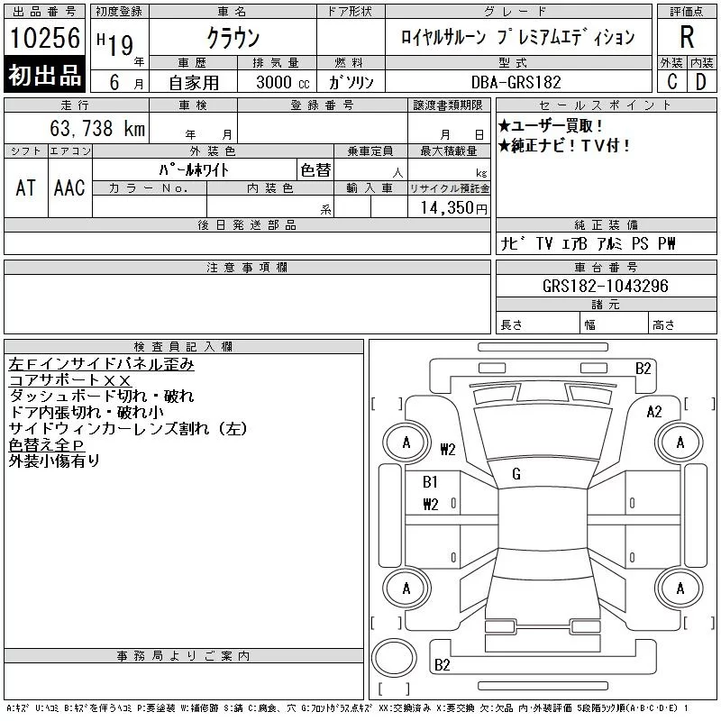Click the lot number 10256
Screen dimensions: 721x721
44,38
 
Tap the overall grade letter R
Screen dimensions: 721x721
687,37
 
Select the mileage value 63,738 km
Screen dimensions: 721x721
97,128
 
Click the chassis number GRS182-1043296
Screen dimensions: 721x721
605,286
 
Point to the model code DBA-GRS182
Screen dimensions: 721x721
516,82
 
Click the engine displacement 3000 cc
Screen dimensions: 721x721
282,82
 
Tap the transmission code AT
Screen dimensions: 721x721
25,187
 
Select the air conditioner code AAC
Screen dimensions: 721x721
69,187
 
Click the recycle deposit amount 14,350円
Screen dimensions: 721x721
453,207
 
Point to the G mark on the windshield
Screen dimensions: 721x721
516,474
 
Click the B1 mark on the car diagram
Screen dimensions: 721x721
430,481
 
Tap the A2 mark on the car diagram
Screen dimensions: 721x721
654,411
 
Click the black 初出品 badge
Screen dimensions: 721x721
44,74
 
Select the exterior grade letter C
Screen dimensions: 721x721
671,82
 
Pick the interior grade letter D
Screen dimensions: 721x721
701,82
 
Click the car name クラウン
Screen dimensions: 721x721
233,38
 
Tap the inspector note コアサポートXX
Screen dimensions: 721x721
70,380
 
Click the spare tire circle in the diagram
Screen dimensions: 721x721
394,658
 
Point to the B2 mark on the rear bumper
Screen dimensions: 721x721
442,664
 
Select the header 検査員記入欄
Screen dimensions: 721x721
183,346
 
